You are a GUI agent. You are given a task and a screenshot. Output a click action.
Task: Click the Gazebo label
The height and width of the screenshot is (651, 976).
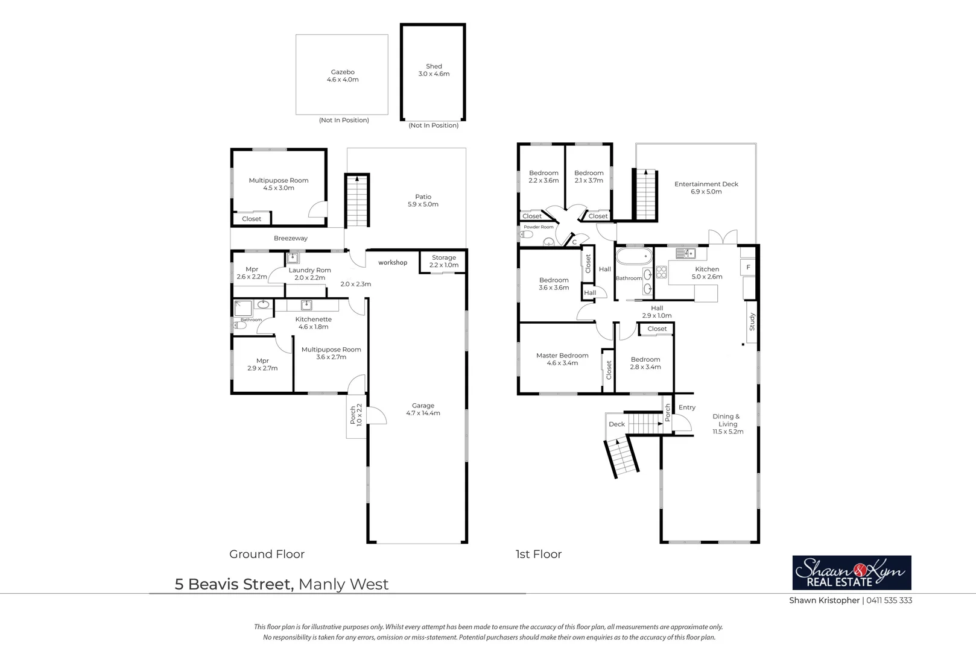point(343,72)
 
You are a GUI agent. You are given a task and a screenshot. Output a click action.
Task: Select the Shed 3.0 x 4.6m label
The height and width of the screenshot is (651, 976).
point(434,71)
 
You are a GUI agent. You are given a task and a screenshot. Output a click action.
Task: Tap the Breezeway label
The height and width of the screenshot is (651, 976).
point(290,239)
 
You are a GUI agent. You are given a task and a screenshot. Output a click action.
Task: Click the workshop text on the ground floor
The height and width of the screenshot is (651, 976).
point(393,263)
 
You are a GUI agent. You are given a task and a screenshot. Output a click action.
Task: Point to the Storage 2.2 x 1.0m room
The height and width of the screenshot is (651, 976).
point(443,262)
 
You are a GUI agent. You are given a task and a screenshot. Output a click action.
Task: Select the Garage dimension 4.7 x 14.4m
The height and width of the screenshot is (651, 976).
point(423,414)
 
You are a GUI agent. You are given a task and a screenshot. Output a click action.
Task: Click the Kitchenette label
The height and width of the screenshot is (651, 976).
point(313,319)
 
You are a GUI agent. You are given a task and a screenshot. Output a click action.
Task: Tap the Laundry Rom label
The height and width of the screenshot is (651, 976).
point(309,271)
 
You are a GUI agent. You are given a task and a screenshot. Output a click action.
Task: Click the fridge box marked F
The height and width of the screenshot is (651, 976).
point(748,267)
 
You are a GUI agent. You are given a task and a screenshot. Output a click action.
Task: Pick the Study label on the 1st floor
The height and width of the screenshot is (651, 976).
point(752,321)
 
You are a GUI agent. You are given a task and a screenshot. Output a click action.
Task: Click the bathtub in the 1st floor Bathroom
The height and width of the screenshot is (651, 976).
point(634,256)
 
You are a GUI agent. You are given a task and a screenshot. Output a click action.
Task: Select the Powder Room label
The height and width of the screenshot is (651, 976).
point(538,227)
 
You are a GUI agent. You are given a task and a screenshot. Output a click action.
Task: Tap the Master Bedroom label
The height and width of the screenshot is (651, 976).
point(562,356)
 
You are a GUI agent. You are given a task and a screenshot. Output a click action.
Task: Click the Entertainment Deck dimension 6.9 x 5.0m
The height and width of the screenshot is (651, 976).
point(706,192)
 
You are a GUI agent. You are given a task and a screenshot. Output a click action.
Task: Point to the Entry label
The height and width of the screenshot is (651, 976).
point(686,407)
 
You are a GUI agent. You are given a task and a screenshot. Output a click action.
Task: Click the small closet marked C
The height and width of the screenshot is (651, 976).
point(574,242)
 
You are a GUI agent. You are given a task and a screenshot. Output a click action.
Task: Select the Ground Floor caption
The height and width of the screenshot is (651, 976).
point(267,554)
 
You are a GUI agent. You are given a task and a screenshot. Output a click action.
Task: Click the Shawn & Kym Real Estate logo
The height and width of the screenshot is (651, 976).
point(851,573)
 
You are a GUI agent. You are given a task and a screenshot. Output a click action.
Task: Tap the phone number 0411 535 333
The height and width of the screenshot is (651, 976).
point(889,600)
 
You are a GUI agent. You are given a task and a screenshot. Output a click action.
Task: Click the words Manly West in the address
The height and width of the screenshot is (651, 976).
point(343,584)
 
